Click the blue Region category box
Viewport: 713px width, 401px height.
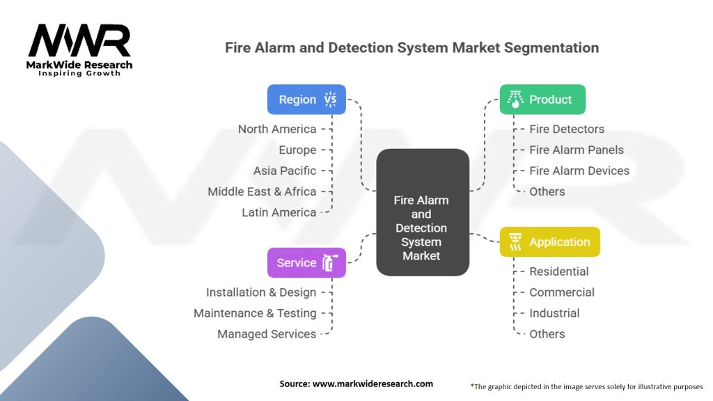(x=306, y=100)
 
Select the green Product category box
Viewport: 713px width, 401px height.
(x=542, y=100)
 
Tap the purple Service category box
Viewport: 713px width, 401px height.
(x=306, y=262)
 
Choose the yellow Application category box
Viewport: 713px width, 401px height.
(x=549, y=242)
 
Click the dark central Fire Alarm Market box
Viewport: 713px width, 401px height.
(x=422, y=212)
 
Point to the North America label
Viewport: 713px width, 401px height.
(x=276, y=129)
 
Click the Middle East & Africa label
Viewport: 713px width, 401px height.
(x=262, y=191)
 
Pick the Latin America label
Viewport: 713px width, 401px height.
(x=279, y=212)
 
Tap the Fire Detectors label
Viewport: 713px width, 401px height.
(x=567, y=129)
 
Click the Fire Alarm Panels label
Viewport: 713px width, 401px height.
(x=577, y=150)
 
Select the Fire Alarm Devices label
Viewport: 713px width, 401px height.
(x=579, y=171)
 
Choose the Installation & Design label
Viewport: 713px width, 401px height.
(x=261, y=292)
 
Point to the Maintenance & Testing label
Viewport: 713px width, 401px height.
(x=255, y=313)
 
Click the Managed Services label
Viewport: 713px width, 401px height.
(x=267, y=334)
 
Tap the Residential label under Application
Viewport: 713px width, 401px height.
(x=559, y=272)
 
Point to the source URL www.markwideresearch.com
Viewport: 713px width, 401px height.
(x=356, y=384)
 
